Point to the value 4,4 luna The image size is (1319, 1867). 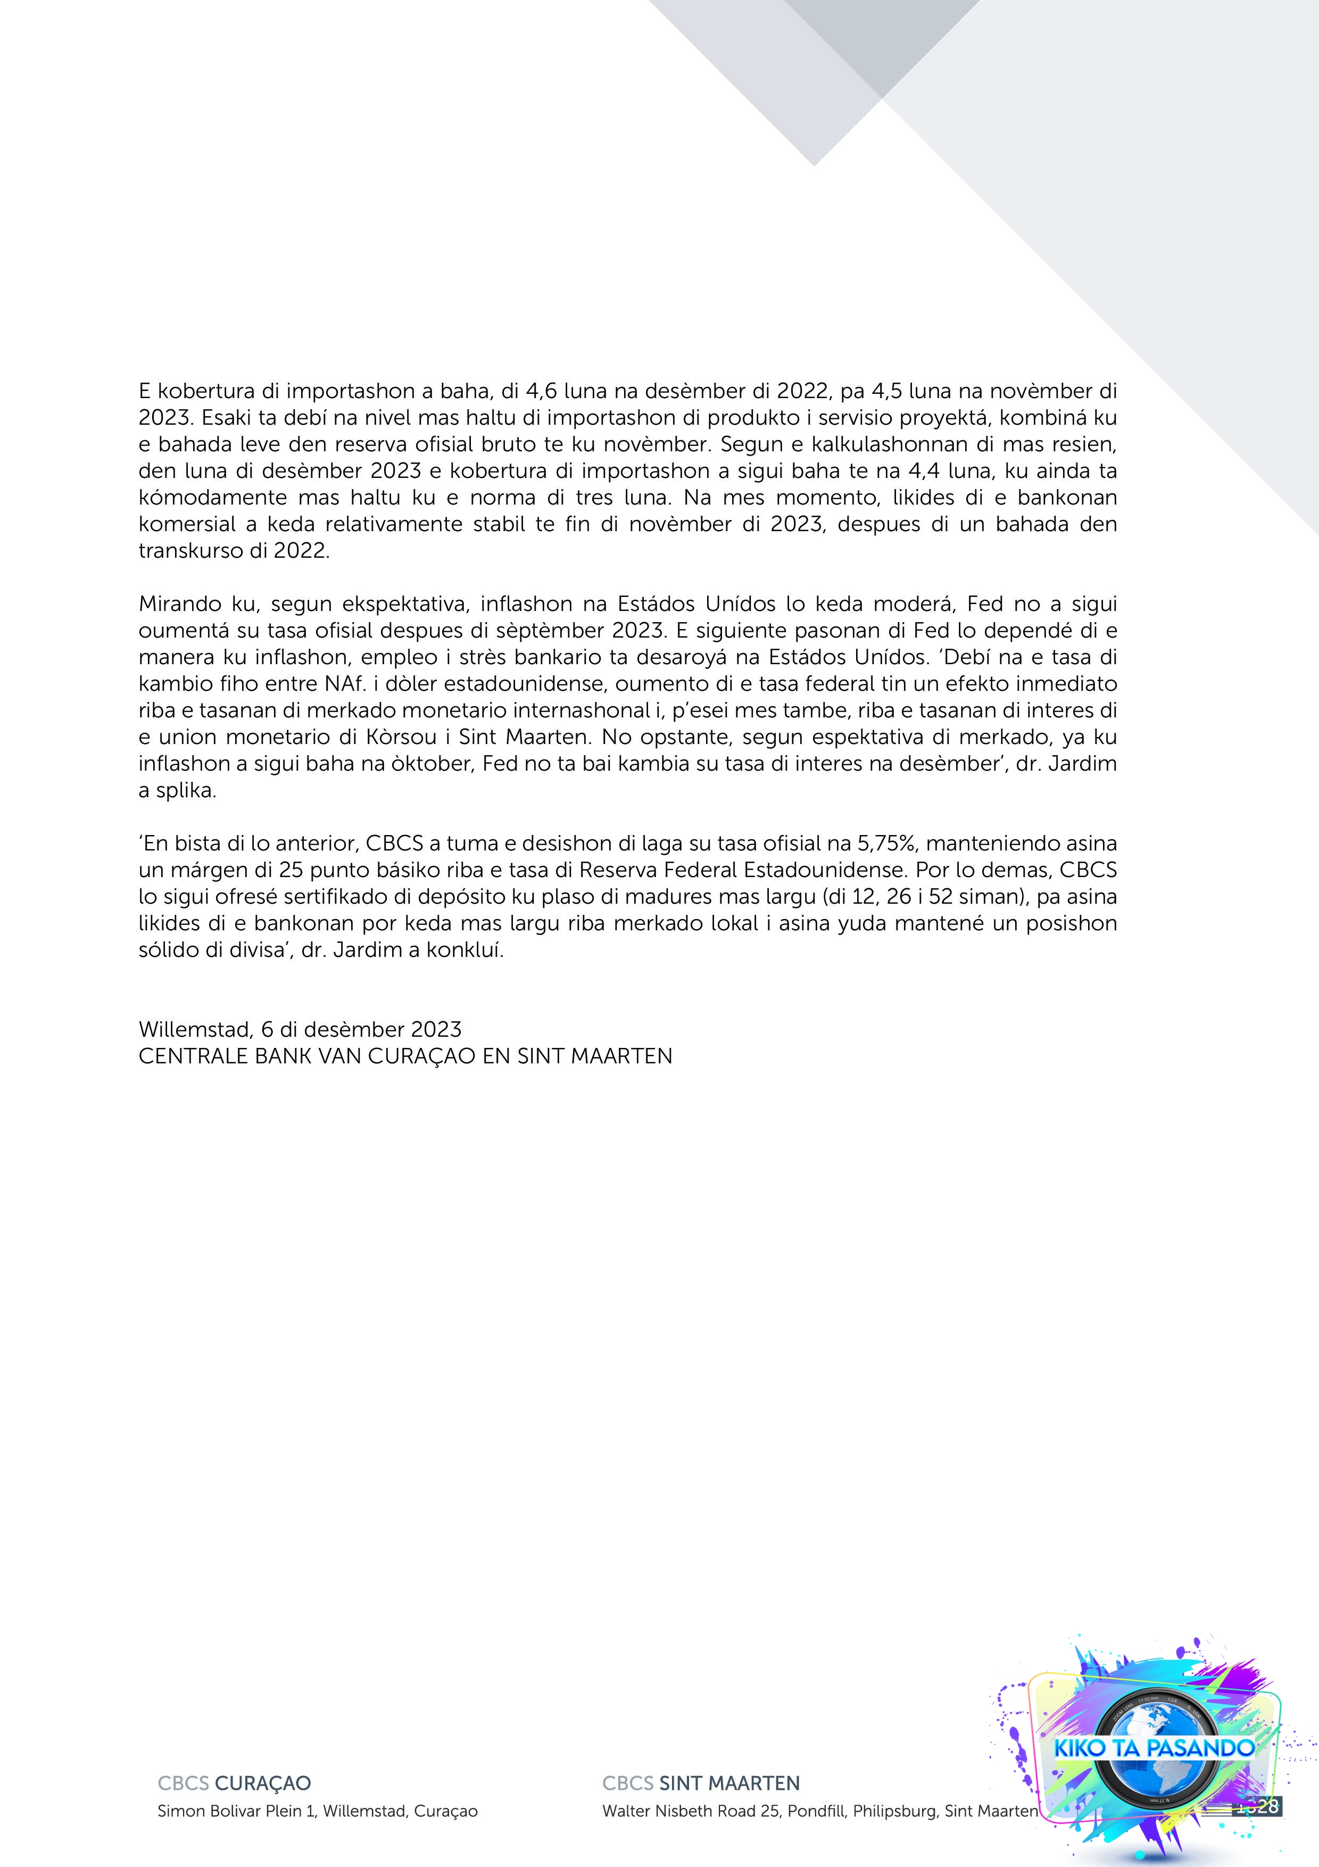(x=923, y=471)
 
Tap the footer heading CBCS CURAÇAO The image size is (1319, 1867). (x=234, y=1784)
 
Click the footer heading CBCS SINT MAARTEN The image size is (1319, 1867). (x=701, y=1784)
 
